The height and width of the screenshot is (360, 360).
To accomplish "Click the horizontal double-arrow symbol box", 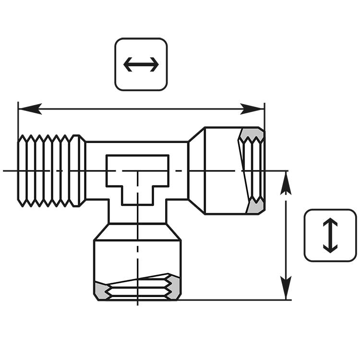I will pyautogui.click(x=141, y=64).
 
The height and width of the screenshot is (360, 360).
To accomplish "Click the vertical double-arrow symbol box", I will pyautogui.click(x=330, y=235).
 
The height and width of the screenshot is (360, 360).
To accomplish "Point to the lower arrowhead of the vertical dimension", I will pyautogui.click(x=286, y=288).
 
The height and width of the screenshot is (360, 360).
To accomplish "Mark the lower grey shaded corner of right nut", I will pyautogui.click(x=254, y=207).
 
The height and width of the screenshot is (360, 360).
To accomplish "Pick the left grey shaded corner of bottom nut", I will pyautogui.click(x=101, y=289).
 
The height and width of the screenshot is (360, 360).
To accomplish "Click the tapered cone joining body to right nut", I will pyautogui.click(x=196, y=170).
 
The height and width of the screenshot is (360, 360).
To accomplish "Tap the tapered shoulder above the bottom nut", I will pyautogui.click(x=137, y=232).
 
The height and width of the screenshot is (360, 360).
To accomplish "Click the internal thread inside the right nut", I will pyautogui.click(x=252, y=170).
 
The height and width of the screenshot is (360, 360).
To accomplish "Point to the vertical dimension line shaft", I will pyautogui.click(x=286, y=235).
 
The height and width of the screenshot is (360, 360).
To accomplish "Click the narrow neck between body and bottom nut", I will pyautogui.click(x=137, y=215).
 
